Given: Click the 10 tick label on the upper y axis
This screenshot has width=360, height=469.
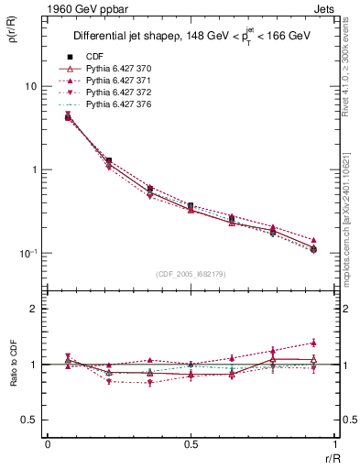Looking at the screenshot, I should (30, 86).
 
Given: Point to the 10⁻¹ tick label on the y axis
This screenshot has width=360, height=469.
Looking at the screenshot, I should (27, 253).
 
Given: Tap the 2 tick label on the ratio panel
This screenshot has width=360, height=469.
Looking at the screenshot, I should (35, 309).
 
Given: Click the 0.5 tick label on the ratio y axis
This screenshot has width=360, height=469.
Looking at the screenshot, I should (30, 420).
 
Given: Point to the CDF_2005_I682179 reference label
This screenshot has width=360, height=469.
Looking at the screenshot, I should (191, 274).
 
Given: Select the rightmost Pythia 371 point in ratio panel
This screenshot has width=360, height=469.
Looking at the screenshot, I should (314, 343).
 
